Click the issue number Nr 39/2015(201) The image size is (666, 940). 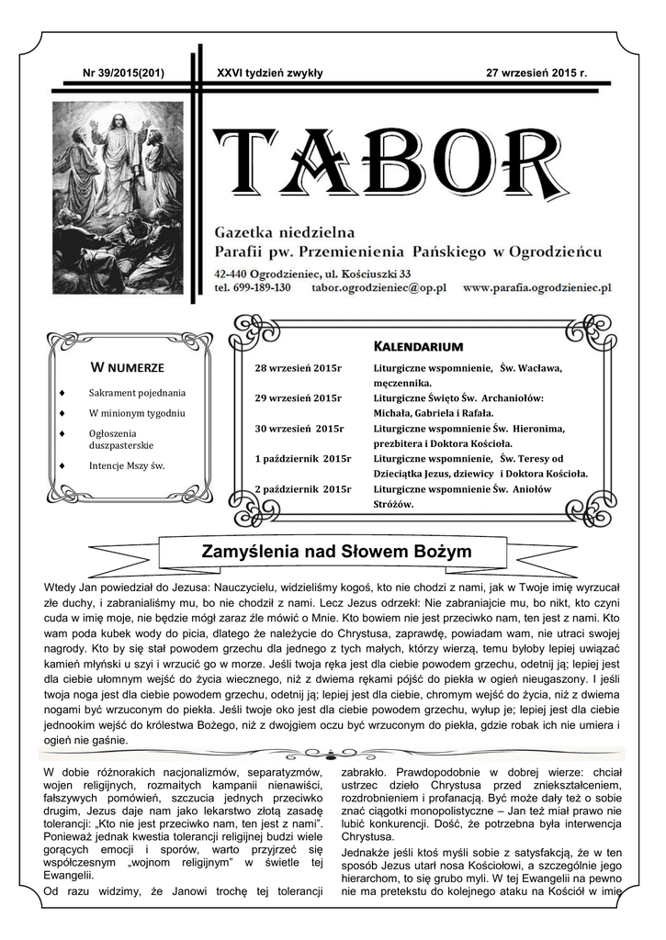click(x=123, y=73)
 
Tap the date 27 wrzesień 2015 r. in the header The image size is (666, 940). click(x=536, y=73)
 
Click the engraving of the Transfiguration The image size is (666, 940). click(x=118, y=196)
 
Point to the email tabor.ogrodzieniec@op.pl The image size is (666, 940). click(x=378, y=287)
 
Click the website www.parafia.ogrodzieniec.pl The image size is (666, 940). click(x=536, y=287)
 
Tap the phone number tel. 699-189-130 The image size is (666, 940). click(x=252, y=287)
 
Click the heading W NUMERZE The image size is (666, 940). click(x=127, y=368)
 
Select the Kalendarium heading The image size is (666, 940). click(x=418, y=346)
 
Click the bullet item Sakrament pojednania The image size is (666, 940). click(x=137, y=393)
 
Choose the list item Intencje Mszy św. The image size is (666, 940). click(x=127, y=465)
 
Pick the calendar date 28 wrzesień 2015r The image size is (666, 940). click(x=298, y=369)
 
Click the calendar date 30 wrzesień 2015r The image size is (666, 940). click(x=299, y=429)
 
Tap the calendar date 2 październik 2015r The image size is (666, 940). click(x=303, y=488)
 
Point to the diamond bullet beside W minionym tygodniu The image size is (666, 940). click(x=62, y=414)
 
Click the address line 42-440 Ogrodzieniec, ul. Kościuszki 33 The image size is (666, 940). click(x=311, y=273)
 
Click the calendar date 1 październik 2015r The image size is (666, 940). click(x=303, y=458)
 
